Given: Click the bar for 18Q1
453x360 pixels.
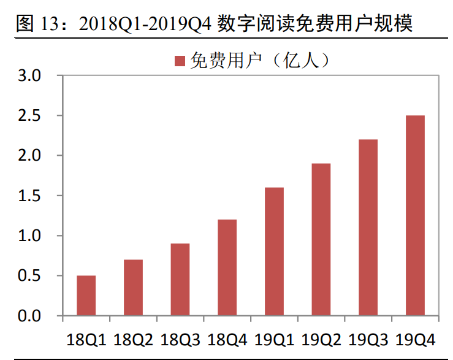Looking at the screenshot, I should pyautogui.click(x=86, y=296).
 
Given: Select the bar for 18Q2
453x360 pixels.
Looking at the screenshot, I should pyautogui.click(x=133, y=288).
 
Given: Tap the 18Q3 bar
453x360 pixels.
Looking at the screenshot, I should pyautogui.click(x=180, y=280).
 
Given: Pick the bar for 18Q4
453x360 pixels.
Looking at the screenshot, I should pyautogui.click(x=227, y=267).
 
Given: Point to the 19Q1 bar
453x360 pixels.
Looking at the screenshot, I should pyautogui.click(x=274, y=251).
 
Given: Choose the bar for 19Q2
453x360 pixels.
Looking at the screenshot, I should pyautogui.click(x=321, y=240).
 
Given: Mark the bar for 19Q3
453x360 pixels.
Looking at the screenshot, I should pyautogui.click(x=368, y=228).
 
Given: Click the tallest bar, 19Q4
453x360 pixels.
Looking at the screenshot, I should pyautogui.click(x=415, y=215).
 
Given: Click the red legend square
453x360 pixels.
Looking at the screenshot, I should pyautogui.click(x=180, y=60).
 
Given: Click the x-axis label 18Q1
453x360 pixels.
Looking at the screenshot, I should pyautogui.click(x=86, y=339).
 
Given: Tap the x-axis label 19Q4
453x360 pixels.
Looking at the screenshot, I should pyautogui.click(x=416, y=339).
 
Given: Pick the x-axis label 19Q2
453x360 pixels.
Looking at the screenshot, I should pyautogui.click(x=321, y=339).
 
